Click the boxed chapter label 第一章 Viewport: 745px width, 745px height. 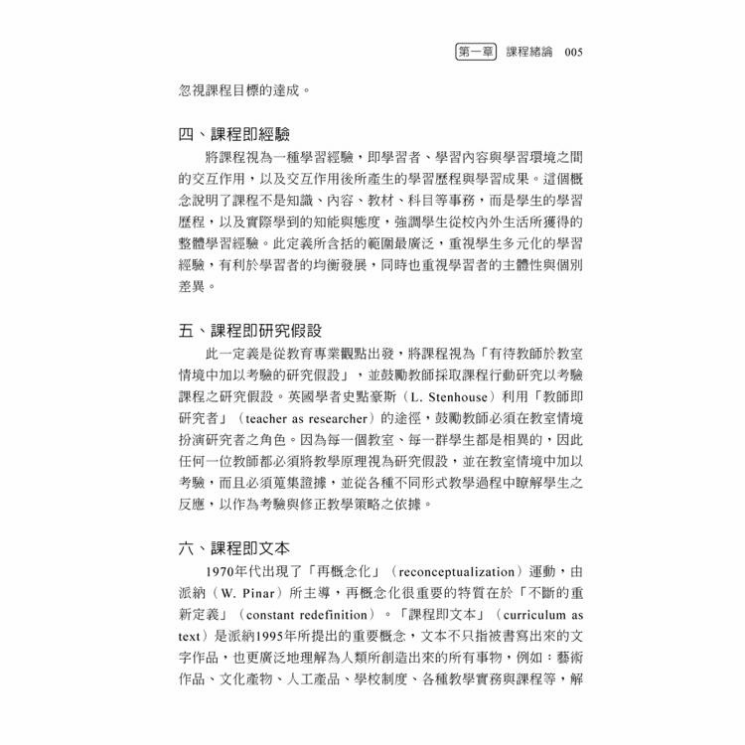pyautogui.click(x=475, y=51)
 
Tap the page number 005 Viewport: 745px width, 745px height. pyautogui.click(x=579, y=51)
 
